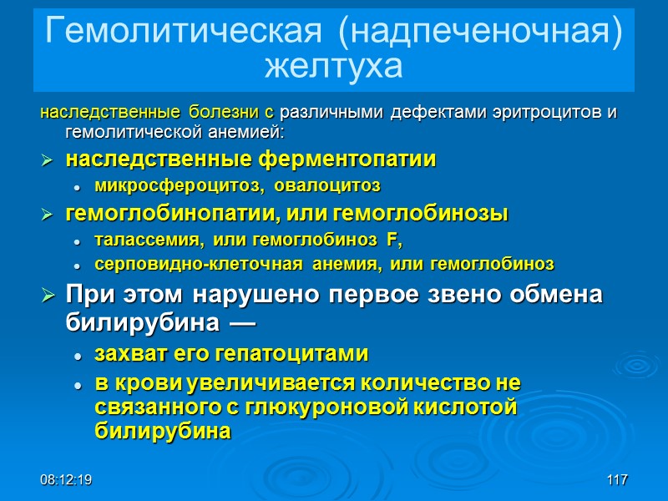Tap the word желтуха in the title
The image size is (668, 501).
click(333, 66)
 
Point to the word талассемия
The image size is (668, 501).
click(147, 240)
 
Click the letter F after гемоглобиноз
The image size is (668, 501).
click(392, 240)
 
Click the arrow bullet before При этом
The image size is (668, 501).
click(49, 296)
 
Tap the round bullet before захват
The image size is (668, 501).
click(78, 355)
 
